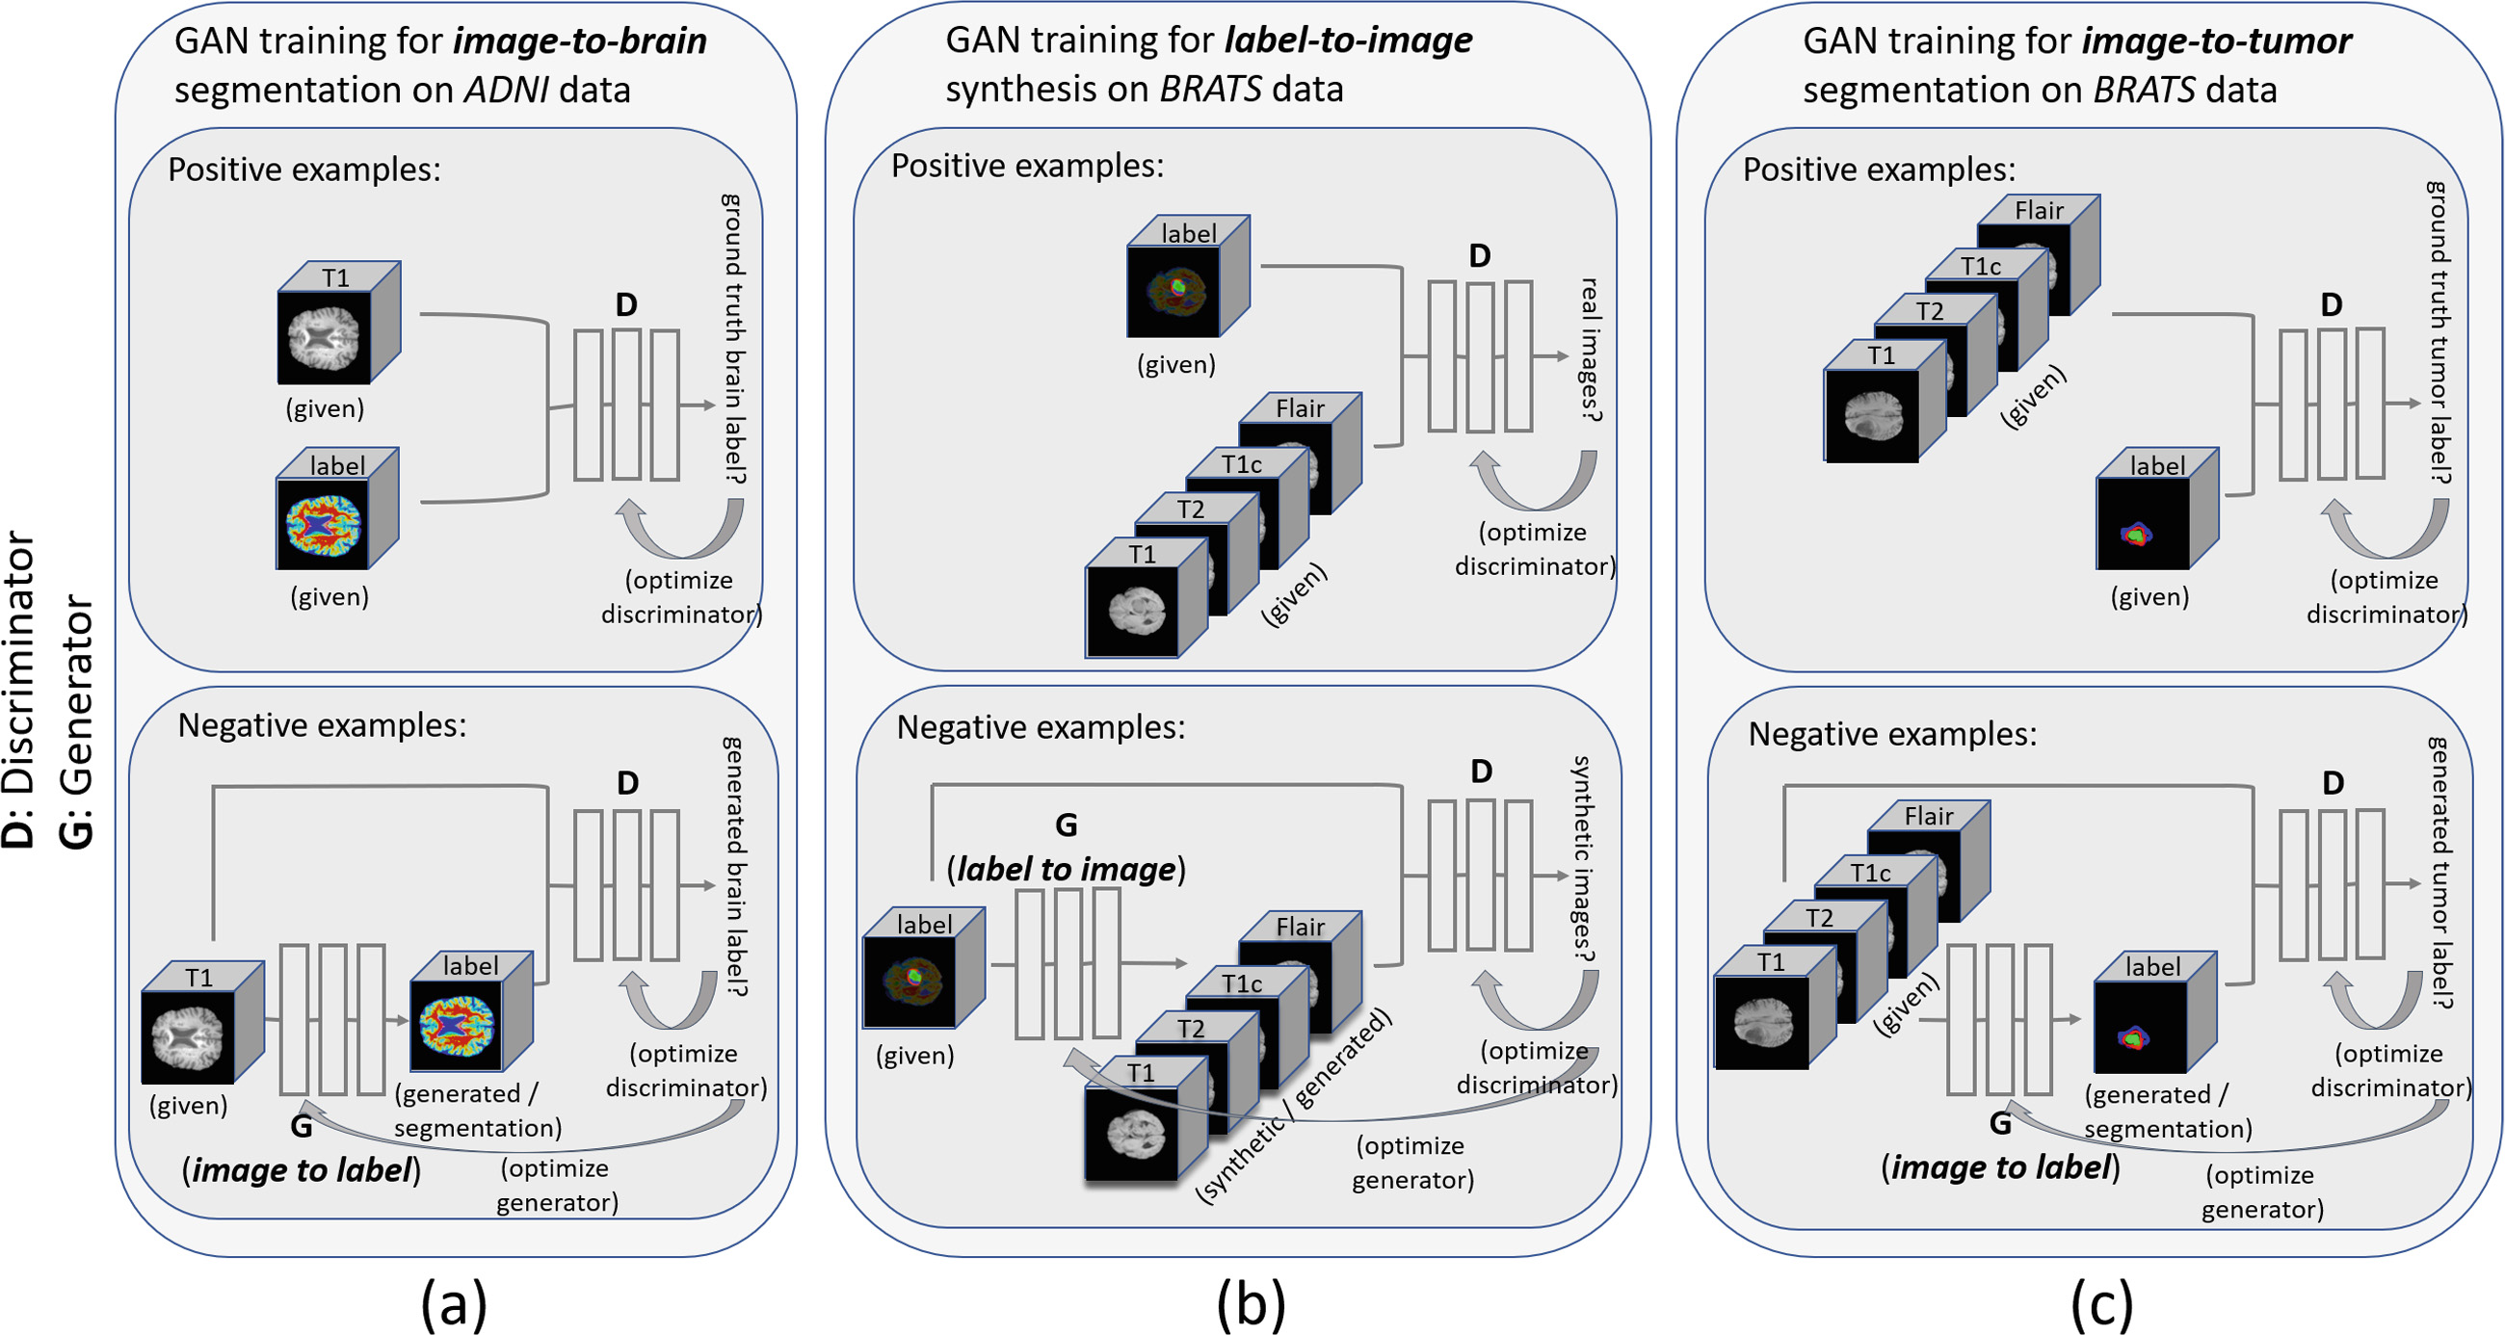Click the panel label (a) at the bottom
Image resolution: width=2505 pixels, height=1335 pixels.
point(453,1304)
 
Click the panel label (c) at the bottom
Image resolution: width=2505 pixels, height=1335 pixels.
point(2101,1304)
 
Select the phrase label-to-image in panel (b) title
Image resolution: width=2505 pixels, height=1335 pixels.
point(1348,40)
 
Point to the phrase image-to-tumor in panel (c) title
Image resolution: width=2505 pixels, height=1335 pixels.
point(2216,40)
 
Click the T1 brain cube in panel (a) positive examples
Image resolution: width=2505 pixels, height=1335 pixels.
point(325,336)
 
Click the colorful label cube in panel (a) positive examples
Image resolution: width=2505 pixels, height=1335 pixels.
point(325,524)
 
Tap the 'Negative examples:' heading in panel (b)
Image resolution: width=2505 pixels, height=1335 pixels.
point(1041,727)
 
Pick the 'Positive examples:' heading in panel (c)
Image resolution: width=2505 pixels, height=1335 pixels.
point(1879,170)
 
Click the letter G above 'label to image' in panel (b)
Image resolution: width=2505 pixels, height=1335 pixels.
point(1066,825)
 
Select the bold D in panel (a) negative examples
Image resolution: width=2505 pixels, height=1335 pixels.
point(627,783)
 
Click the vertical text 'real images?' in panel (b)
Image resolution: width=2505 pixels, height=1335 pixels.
point(1589,350)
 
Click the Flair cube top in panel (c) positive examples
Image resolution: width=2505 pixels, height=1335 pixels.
point(2039,210)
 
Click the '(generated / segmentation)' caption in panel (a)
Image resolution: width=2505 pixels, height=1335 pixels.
point(478,1111)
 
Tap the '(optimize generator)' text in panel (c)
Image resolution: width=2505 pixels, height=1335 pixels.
point(2262,1192)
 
